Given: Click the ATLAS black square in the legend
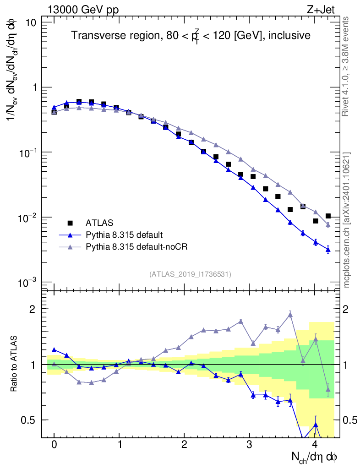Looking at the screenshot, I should [x=70, y=223].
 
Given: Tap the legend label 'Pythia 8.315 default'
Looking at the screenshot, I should [x=124, y=235].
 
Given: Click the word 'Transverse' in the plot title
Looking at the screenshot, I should [x=93, y=35].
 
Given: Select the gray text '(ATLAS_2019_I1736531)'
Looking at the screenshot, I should [x=190, y=274].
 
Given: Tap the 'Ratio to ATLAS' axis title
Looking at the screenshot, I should [x=15, y=364].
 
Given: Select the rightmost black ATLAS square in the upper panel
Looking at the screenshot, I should [x=328, y=216].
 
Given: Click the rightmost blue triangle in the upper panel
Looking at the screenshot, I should [x=328, y=250].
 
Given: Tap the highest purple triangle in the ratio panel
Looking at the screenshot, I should [x=290, y=314].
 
